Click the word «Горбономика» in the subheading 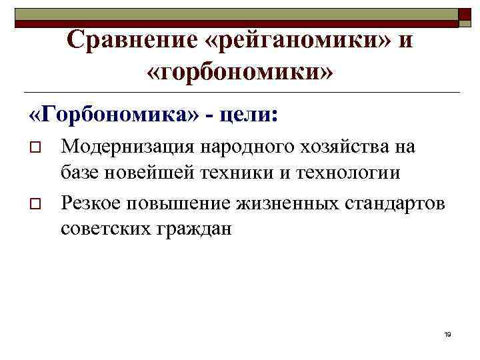pyautogui.click(x=114, y=114)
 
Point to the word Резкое pyautogui.click(x=89, y=201)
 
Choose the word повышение pyautogui.click(x=171, y=201)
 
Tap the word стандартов pyautogui.click(x=393, y=201)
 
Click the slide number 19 pyautogui.click(x=447, y=334)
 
